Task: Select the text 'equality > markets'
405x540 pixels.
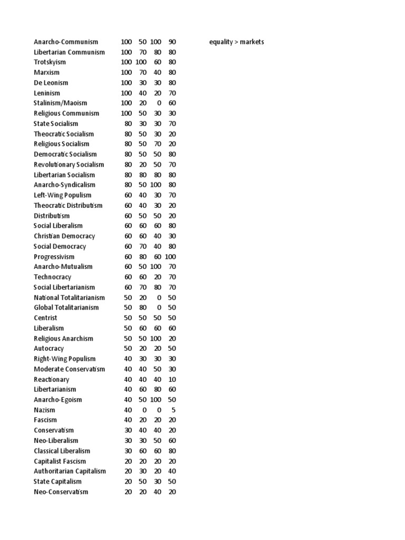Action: coord(236,42)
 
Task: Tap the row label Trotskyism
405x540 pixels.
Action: coord(50,62)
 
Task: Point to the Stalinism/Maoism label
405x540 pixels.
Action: coord(60,103)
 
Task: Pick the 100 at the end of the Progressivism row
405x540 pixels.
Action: coord(170,256)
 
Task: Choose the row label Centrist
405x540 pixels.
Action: coord(45,318)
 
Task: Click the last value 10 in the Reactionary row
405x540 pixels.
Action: coord(172,379)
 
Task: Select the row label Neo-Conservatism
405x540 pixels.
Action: coord(61,491)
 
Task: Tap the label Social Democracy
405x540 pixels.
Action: coord(60,246)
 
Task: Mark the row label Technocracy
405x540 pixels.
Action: coord(52,277)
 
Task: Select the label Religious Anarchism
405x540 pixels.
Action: coord(63,338)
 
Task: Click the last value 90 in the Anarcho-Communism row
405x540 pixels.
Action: coord(172,42)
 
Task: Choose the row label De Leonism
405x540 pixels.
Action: coord(51,83)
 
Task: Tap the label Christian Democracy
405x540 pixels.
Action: coord(64,236)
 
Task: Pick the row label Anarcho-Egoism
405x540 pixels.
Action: coord(58,400)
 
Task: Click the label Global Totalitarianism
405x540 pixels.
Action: coord(66,307)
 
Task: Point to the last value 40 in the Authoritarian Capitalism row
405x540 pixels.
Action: coord(172,471)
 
